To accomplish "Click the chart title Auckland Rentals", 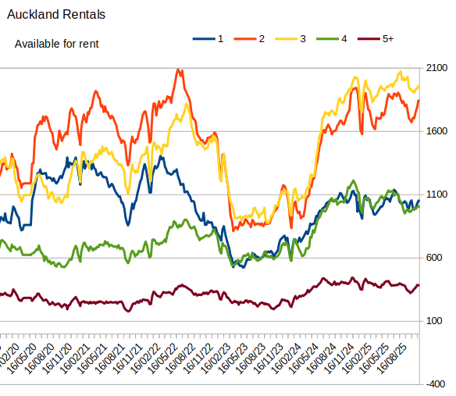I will [x=56, y=15].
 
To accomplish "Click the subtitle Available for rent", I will [x=57, y=44].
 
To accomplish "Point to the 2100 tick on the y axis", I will [x=436, y=68].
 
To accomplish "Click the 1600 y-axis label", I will [x=436, y=131].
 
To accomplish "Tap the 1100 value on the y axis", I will [x=436, y=194].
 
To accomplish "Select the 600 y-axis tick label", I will [x=436, y=258].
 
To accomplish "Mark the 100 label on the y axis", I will [x=436, y=321].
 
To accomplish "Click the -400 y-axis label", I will [x=436, y=384].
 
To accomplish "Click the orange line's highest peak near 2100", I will [x=180, y=70].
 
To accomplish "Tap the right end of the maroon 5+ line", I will [x=419, y=286].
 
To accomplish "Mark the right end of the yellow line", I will [x=419, y=86].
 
